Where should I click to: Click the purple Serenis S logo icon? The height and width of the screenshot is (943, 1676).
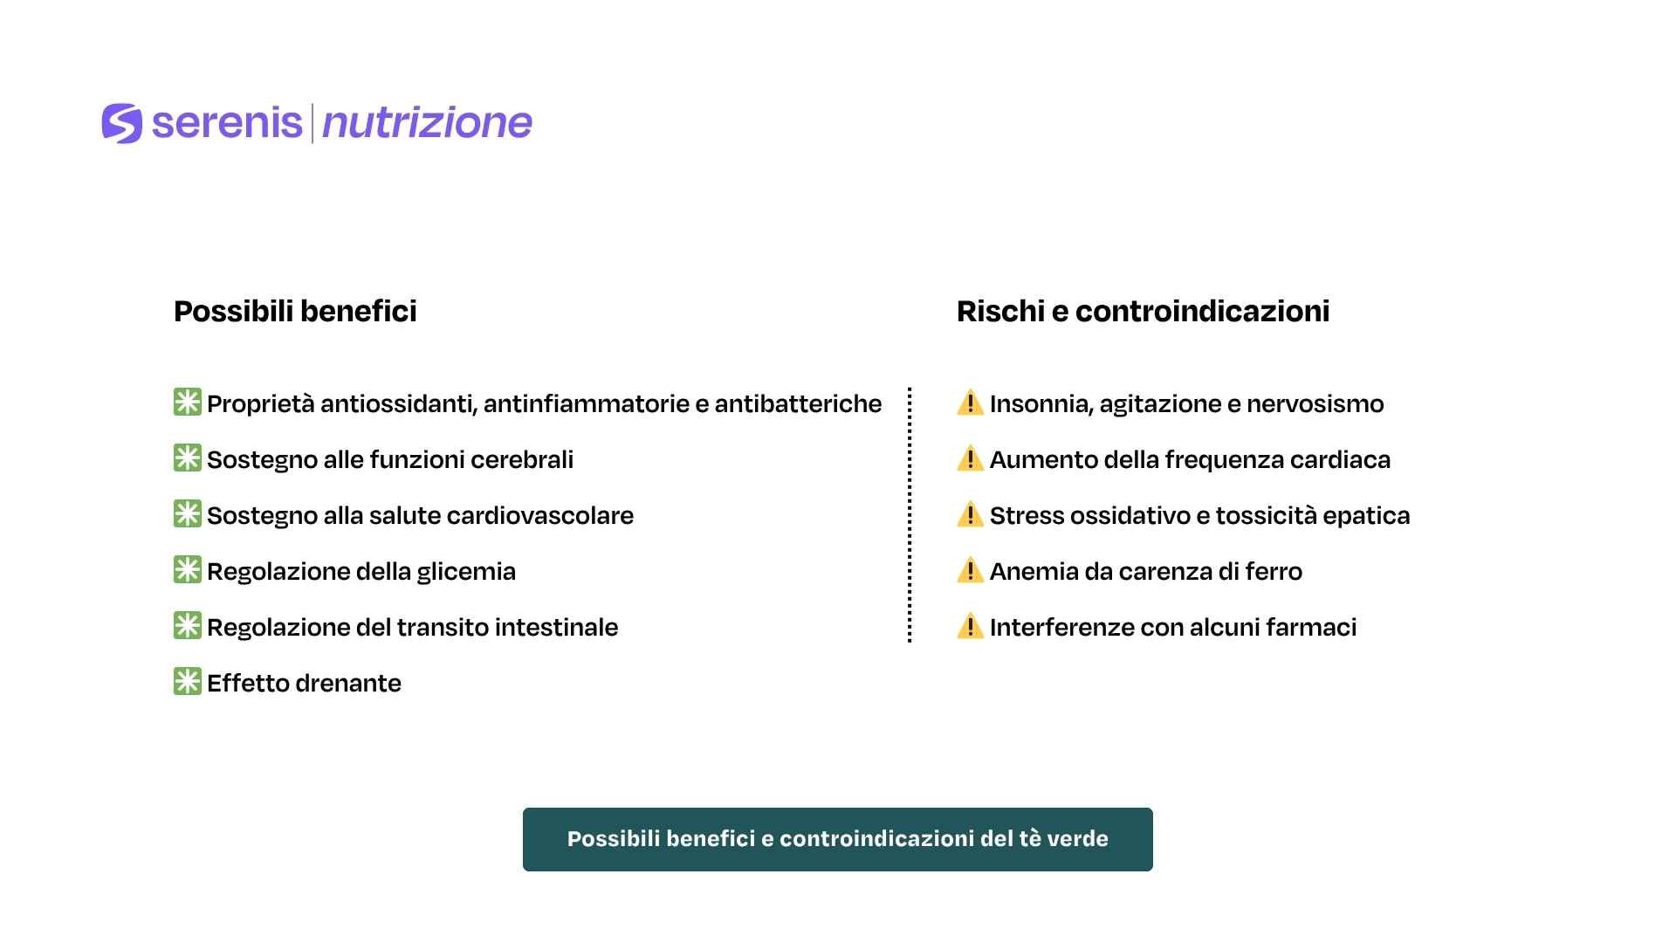tap(121, 123)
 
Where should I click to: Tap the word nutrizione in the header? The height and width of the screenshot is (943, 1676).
tap(427, 123)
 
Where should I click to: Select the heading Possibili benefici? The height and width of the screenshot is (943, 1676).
tap(295, 311)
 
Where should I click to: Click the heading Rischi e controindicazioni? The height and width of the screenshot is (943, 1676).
tap(1143, 311)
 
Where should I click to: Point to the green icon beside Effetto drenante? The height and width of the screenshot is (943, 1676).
tap(188, 682)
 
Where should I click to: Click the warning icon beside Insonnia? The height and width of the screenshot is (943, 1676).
tap(970, 403)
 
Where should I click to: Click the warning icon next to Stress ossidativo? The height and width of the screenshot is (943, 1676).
tap(970, 514)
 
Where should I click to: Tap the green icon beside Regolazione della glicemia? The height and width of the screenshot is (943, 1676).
tap(188, 570)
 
